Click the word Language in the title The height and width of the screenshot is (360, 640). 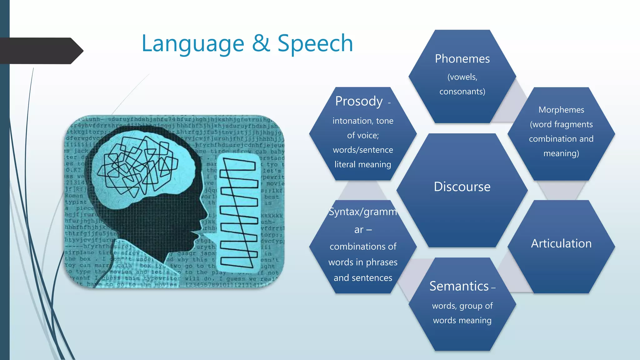tap(193, 44)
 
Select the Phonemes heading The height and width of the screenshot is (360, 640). tap(462, 59)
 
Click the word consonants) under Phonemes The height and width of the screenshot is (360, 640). tap(462, 92)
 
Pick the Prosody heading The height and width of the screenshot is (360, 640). tap(359, 101)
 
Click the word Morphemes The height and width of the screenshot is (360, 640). tap(561, 110)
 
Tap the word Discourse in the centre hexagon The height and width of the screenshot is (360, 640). tap(462, 187)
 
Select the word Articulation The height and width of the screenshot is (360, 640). tap(561, 243)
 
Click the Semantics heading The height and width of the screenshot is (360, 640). tap(459, 286)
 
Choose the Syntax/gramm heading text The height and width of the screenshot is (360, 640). tap(363, 212)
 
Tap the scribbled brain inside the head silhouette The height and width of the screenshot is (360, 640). tap(137, 166)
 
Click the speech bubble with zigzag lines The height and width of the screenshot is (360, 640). tap(239, 212)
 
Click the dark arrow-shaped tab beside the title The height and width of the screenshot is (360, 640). tap(41, 51)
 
